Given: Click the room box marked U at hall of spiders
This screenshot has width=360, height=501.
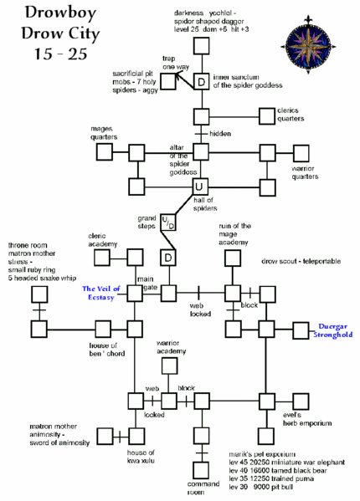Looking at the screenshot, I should (x=200, y=186).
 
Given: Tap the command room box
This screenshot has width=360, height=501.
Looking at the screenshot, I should (x=201, y=470).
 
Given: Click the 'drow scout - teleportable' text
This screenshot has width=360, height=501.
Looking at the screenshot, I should (x=301, y=261).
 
